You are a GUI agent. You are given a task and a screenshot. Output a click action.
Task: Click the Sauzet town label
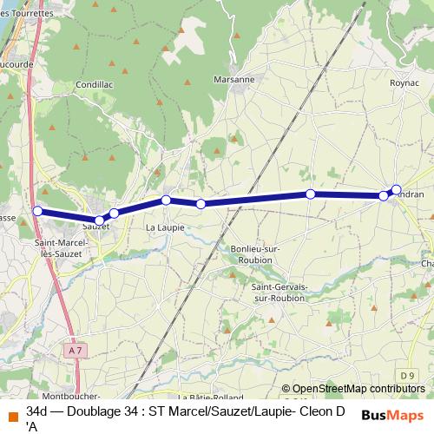pos(96,227)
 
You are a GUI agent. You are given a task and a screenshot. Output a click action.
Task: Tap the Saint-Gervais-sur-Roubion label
pos(277,292)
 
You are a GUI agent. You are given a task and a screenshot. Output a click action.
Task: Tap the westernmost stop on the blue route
pos(37,210)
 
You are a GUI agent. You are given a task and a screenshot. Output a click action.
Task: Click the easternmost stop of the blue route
pos(397,189)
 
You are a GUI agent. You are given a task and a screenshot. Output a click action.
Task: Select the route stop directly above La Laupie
pos(166,201)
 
